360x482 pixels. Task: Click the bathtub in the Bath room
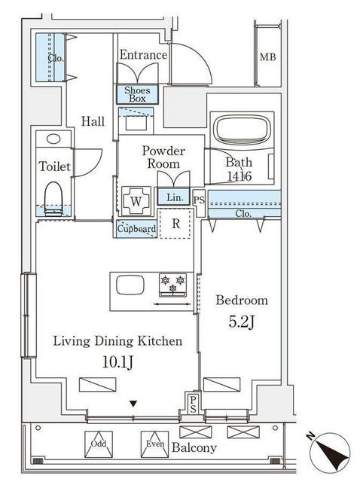coord(241,130)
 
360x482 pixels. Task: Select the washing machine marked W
coord(136,201)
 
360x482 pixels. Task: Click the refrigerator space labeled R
coord(175,224)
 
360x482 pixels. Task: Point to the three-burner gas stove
coord(172,285)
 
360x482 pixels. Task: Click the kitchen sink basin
coord(130,285)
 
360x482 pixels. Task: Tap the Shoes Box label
coord(137,94)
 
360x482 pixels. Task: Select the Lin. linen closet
coord(174,197)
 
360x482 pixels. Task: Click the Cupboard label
coord(136,229)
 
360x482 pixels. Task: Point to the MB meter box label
coord(267,57)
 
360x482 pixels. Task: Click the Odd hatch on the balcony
coord(99,444)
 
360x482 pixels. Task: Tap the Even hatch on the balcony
coord(154,444)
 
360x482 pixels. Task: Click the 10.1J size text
coord(117,362)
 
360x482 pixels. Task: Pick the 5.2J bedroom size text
coord(241,322)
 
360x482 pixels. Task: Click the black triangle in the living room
coord(133,404)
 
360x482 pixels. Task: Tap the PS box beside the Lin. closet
coord(199,200)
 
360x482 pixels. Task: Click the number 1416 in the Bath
coord(239,176)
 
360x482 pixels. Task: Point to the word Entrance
coord(143,55)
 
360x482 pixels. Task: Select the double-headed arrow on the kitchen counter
coord(172,304)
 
